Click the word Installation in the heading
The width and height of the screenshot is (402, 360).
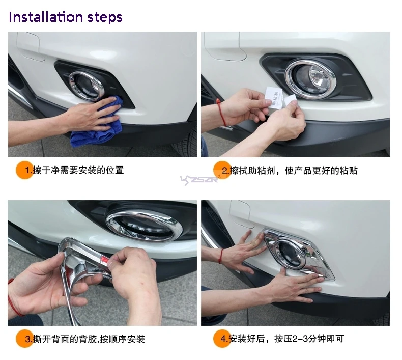tap(46, 17)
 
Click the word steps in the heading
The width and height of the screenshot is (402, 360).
tap(105, 18)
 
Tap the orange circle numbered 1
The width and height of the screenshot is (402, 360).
tap(24, 170)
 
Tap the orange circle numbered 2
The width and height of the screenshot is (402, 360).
tap(221, 170)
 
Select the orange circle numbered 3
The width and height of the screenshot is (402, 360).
tap(24, 339)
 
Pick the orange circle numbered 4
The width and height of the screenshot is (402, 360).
tap(221, 339)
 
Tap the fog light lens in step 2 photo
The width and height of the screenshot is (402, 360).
tap(310, 78)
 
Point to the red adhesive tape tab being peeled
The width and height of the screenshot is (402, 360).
tap(104, 260)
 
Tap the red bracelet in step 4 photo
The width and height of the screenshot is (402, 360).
tap(220, 256)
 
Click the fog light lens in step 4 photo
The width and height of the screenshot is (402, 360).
tap(289, 253)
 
